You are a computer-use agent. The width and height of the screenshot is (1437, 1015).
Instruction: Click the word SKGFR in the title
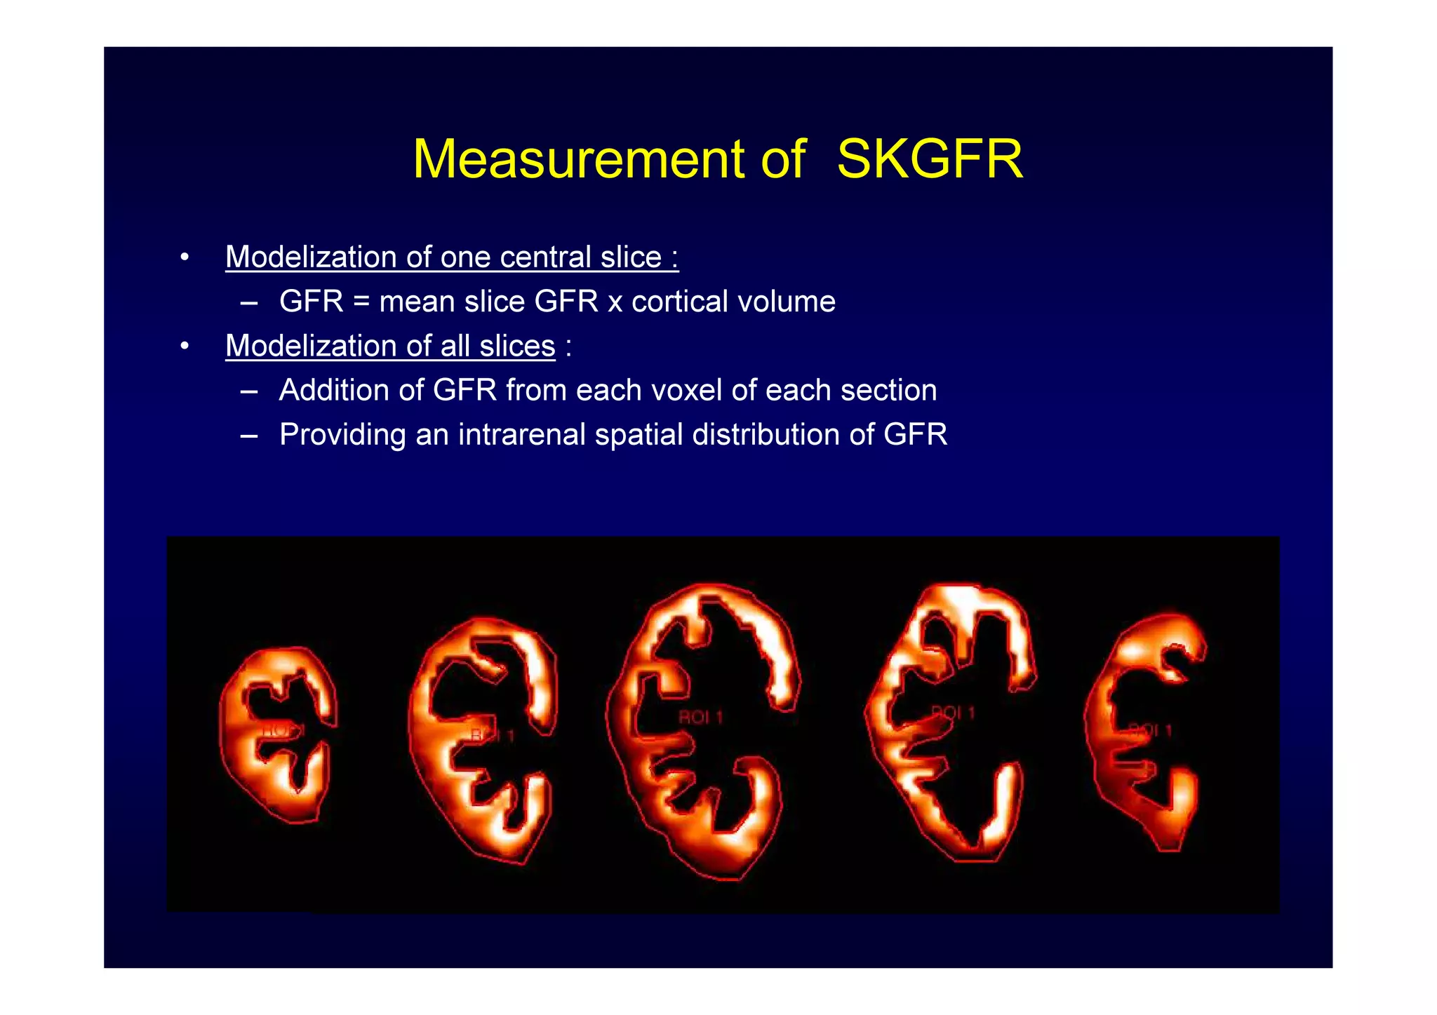click(930, 159)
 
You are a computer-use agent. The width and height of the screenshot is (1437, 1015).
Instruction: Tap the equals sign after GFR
click(361, 302)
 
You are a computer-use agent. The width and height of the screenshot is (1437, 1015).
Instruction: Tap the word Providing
click(342, 435)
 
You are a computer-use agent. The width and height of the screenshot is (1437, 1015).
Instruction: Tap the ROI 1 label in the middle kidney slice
click(700, 718)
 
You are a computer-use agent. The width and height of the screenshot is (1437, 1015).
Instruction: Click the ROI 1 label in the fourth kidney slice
click(953, 713)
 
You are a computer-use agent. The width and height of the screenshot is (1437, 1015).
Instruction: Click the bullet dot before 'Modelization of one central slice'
click(185, 257)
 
